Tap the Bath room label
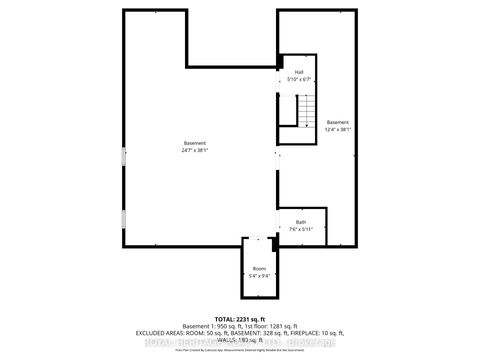(301, 222)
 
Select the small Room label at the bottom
(259, 268)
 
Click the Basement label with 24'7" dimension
(195, 143)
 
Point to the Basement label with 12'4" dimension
(338, 122)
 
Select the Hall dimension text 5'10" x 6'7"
(298, 79)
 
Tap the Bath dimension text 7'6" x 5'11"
(301, 229)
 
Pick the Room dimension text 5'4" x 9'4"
(259, 275)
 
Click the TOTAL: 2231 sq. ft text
(240, 318)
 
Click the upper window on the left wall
(124, 156)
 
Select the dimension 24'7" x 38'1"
(195, 150)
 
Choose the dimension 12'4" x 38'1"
(338, 129)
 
